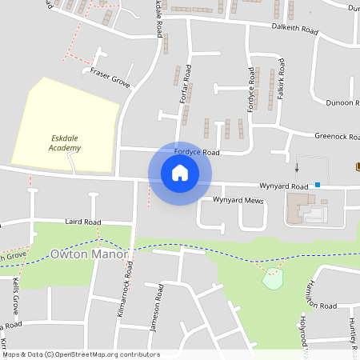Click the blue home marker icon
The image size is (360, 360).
click(x=180, y=173)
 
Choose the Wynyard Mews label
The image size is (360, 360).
click(x=238, y=200)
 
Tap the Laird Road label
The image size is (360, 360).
click(x=82, y=222)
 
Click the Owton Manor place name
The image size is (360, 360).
click(x=89, y=254)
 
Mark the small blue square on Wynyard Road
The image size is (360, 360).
click(x=318, y=185)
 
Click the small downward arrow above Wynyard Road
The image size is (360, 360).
click(x=297, y=168)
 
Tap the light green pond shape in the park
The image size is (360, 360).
click(x=274, y=279)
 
